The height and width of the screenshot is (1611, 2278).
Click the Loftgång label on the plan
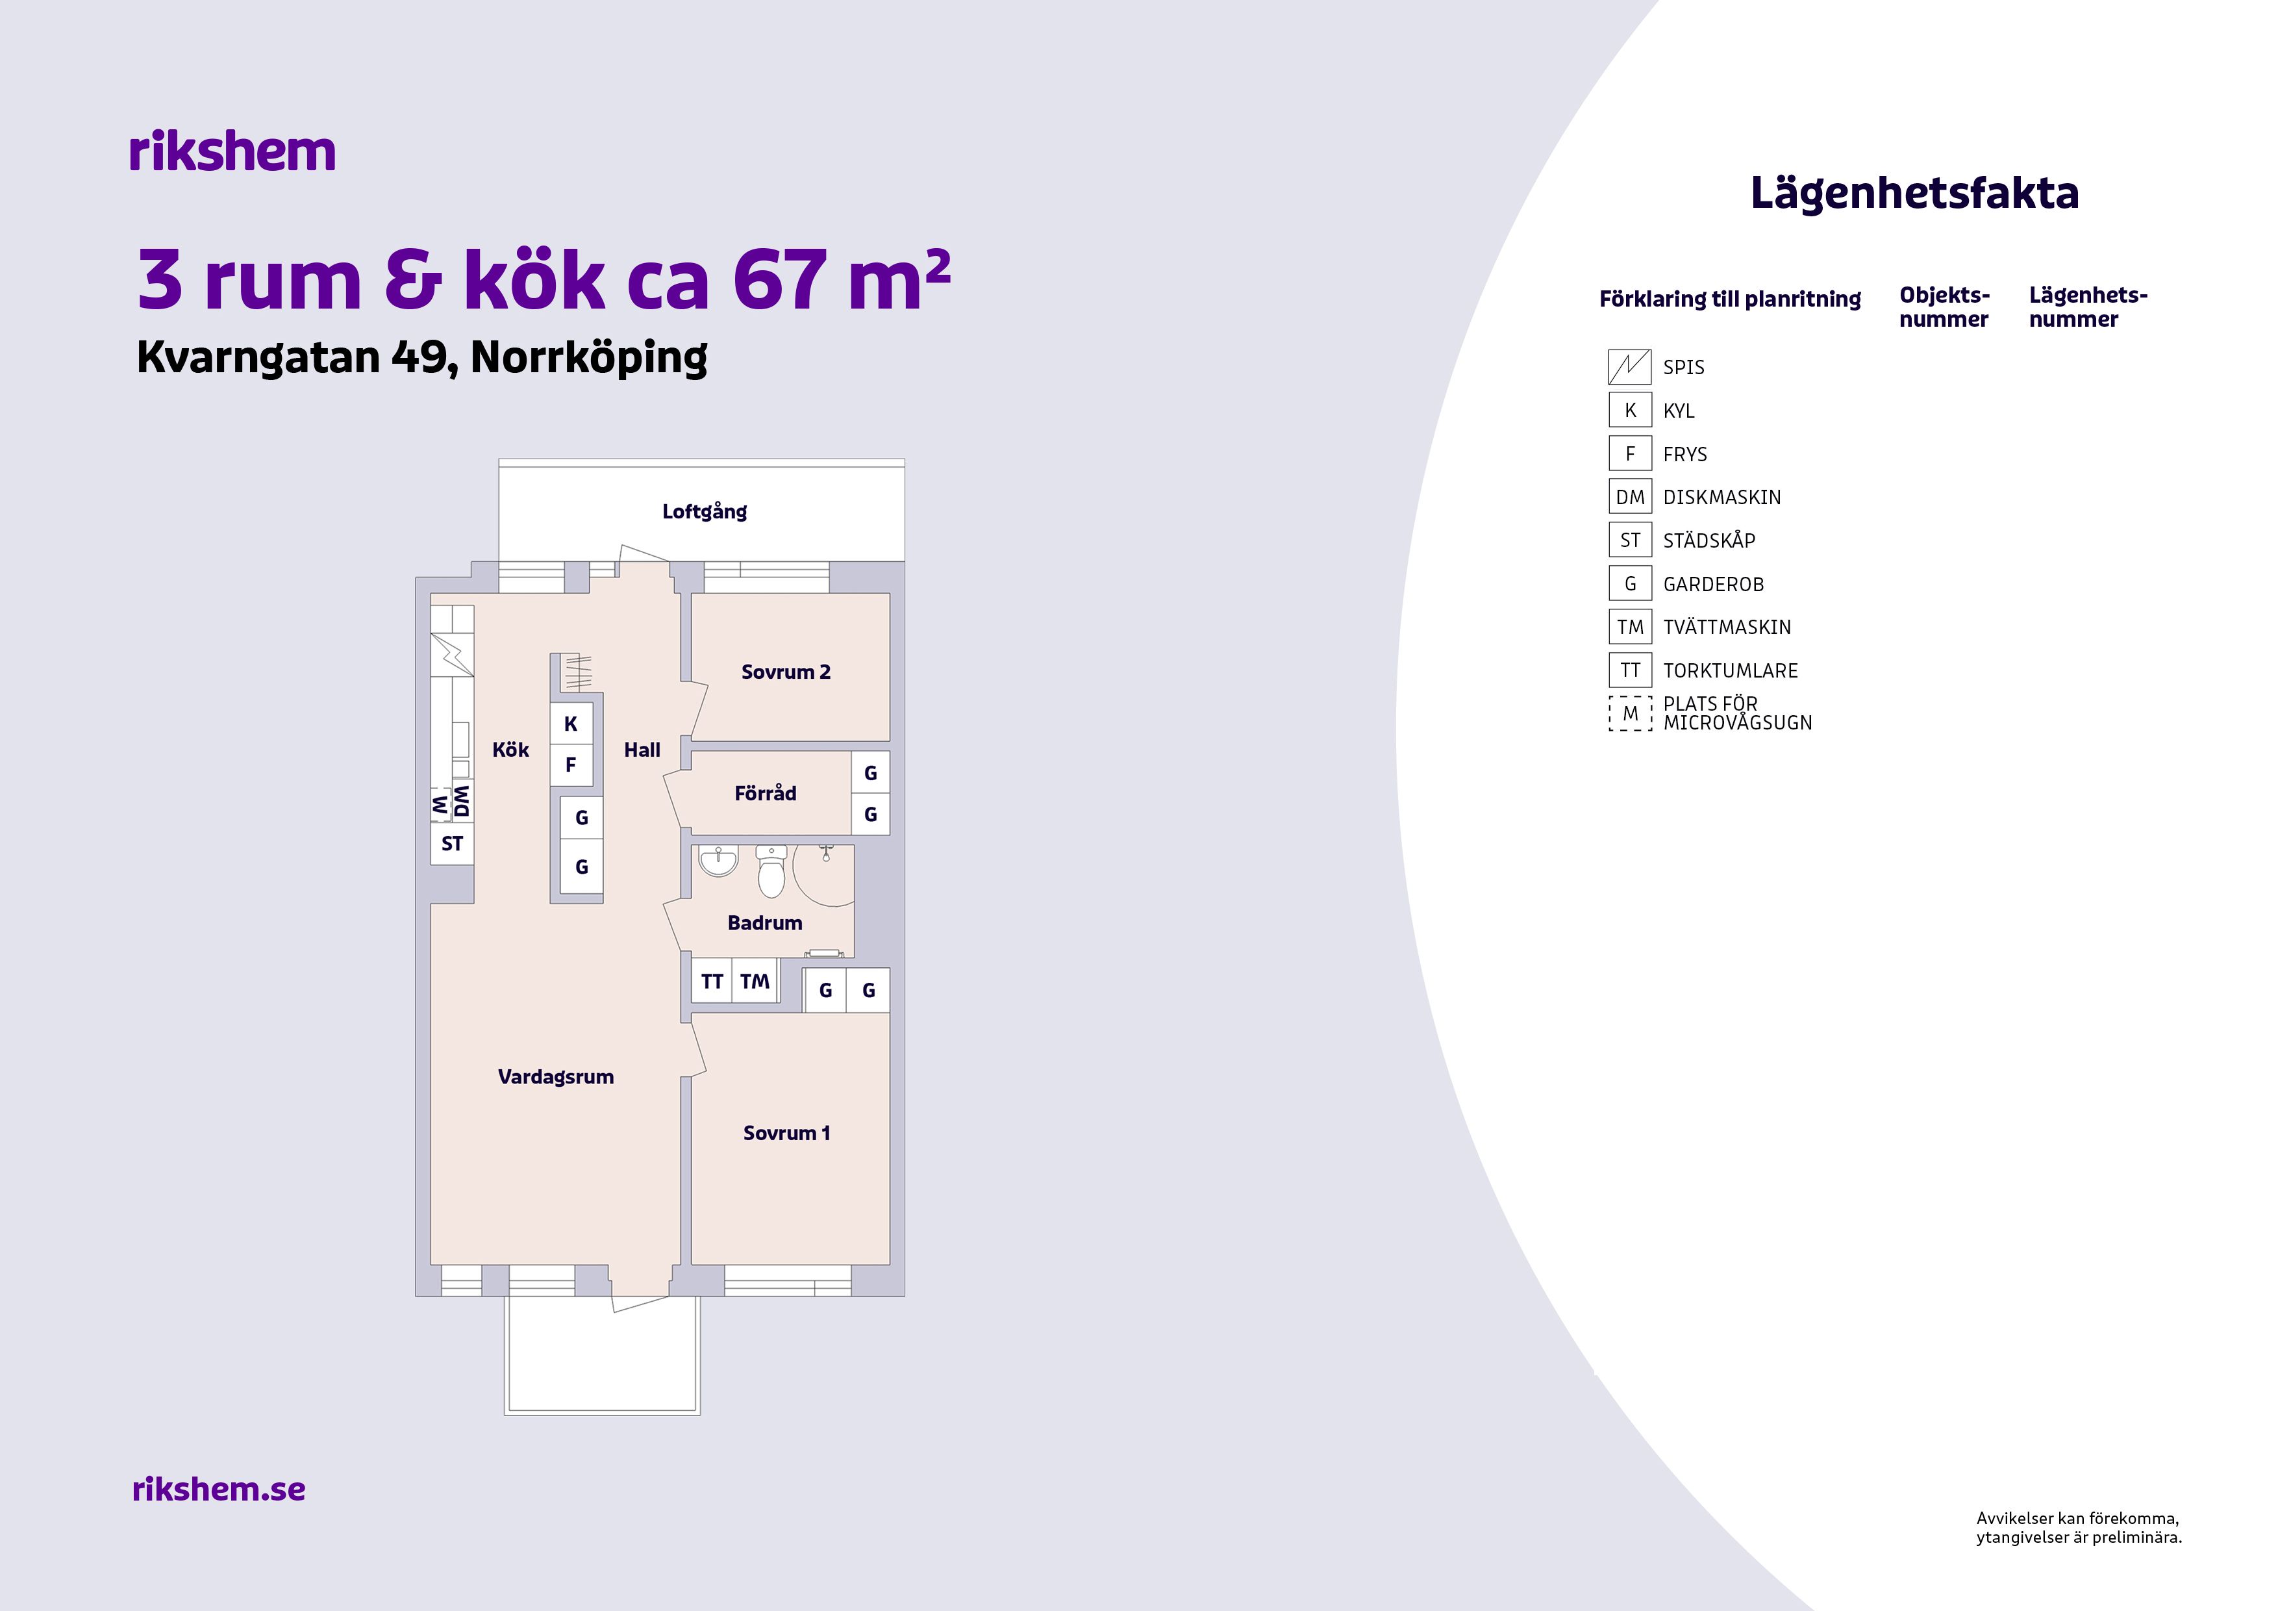coord(705,511)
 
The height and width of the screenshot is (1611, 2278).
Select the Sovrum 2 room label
coord(786,672)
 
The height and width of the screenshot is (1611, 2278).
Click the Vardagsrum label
coord(556,1077)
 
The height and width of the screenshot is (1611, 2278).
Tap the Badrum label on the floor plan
coord(765,923)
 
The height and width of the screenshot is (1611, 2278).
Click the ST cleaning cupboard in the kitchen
coord(453,844)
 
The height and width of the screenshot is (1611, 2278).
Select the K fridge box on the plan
coord(571,724)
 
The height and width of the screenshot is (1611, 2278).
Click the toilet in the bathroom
coord(771,870)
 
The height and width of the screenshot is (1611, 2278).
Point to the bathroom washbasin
coord(718,861)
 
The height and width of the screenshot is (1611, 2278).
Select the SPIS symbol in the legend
coord(1630,367)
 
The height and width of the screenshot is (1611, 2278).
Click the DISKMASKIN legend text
coord(1722,498)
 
